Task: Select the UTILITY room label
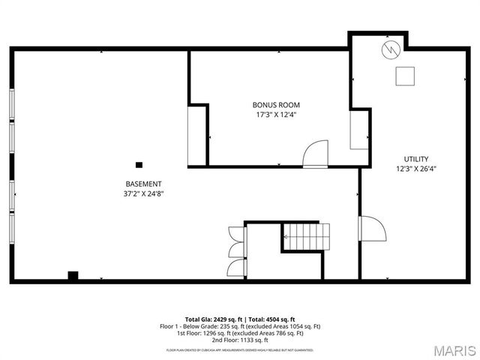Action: (416, 159)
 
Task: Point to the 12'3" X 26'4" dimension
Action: (416, 169)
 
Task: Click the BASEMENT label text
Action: (143, 184)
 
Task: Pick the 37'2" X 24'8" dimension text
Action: (143, 193)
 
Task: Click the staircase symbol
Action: (306, 237)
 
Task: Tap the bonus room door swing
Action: (315, 153)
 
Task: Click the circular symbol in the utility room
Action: (391, 50)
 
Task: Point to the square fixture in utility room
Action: (406, 76)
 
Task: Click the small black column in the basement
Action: (139, 165)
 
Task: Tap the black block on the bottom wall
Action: (73, 275)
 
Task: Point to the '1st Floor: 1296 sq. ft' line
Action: (240, 333)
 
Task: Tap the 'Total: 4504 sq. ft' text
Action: (271, 319)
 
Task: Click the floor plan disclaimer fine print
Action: (240, 349)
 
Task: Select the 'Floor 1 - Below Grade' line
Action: (240, 326)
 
